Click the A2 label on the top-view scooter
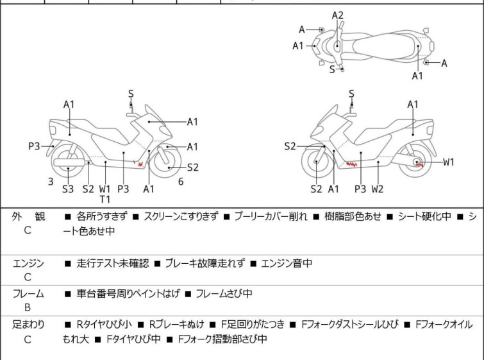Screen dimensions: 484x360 coord(337,15)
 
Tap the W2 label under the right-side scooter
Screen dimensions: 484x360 coord(377,189)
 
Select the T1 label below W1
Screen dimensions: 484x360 coord(105,200)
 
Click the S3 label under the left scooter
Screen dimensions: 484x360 coord(68,189)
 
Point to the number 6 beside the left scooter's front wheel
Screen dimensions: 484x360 coord(181,182)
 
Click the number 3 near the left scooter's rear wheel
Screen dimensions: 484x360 coord(51,182)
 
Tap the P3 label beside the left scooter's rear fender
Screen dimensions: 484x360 coord(34,146)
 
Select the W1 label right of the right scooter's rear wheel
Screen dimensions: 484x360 coord(449,162)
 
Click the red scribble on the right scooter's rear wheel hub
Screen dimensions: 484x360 coord(419,165)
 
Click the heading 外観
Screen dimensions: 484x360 coord(28,216)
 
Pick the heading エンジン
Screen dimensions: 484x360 coord(28,263)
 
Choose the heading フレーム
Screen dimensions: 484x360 coord(28,293)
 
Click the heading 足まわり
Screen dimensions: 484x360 coord(28,325)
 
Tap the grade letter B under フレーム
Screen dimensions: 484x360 coord(28,308)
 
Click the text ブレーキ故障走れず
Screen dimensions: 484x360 coord(205,263)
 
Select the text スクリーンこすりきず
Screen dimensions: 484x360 coord(181,216)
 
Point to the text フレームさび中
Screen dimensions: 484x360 coord(224,293)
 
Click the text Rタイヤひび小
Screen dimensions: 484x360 coord(104,325)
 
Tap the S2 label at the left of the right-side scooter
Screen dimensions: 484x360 coord(290,146)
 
